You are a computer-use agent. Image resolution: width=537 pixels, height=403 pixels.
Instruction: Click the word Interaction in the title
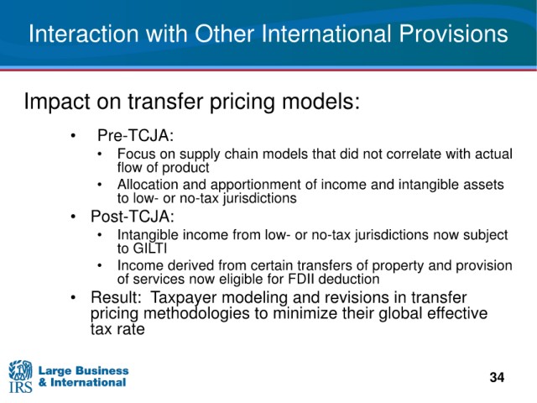click(x=84, y=34)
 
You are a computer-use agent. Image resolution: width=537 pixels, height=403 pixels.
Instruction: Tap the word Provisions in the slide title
click(x=453, y=34)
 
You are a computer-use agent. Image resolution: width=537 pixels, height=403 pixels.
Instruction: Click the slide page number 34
click(x=497, y=377)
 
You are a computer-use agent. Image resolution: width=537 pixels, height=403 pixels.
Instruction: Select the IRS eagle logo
click(x=20, y=376)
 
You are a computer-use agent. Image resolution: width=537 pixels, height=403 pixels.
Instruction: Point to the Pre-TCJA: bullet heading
click(x=136, y=135)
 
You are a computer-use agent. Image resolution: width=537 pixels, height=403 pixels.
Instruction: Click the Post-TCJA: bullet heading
click(x=133, y=217)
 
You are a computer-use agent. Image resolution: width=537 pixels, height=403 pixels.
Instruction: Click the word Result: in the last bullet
click(x=116, y=297)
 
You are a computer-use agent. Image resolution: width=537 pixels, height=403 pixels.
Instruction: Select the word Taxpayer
click(x=184, y=298)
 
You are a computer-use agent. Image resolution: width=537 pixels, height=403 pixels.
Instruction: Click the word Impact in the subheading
click(x=53, y=102)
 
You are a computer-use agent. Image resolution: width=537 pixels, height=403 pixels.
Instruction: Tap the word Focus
click(x=136, y=154)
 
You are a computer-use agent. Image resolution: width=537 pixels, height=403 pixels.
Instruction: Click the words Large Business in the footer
click(x=84, y=370)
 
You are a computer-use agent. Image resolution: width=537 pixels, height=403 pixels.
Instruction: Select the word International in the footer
click(x=88, y=382)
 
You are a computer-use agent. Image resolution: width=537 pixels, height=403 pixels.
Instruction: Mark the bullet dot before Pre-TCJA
click(x=73, y=136)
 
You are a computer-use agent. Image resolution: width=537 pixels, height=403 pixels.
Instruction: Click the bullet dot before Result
click(x=73, y=298)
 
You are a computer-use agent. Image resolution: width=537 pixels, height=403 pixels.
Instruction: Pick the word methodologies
click(x=196, y=314)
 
